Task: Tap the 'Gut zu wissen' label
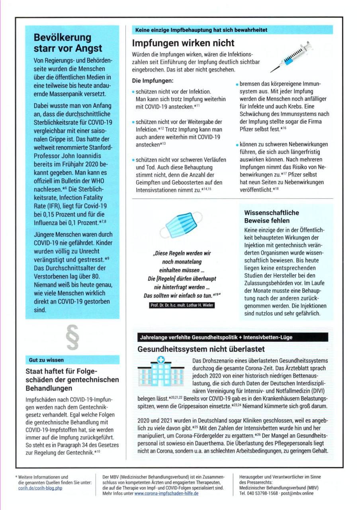point(46,360)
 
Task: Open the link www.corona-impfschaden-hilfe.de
point(166,493)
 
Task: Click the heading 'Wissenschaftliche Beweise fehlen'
point(272,216)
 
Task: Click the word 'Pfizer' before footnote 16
point(249,129)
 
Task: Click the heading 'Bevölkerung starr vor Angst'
point(68,43)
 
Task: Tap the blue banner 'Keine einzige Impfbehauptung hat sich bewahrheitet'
point(201,30)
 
